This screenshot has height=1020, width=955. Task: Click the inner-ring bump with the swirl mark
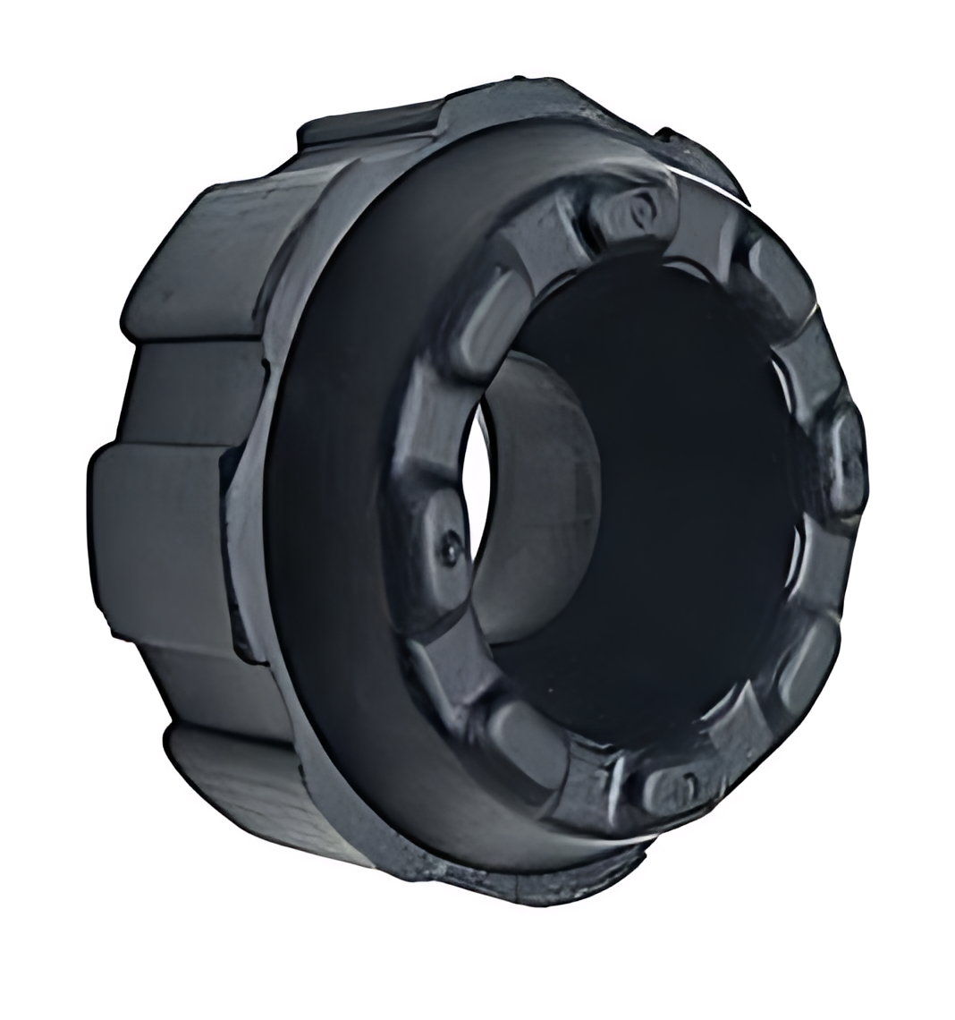click(x=637, y=213)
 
